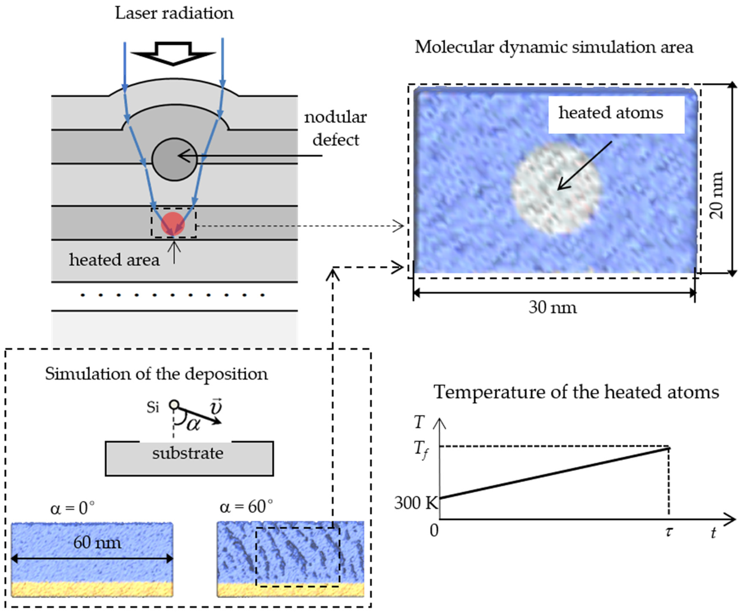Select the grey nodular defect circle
pos(174,159)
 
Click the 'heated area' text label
pos(114,260)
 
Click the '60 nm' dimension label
pos(97,542)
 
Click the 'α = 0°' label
pos(72,508)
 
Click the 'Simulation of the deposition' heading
pos(156,374)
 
